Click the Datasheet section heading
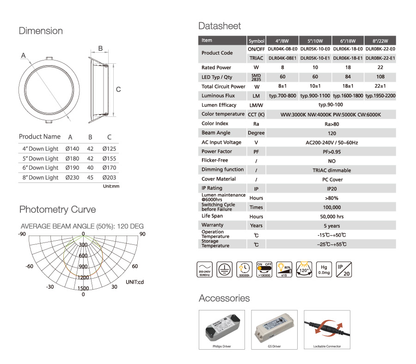coord(220,26)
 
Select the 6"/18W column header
coord(348,41)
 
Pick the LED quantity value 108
coord(380,77)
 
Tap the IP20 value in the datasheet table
coord(331,188)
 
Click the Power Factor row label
coord(217,152)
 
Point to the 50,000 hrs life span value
coord(331,217)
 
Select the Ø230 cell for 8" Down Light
coord(73,177)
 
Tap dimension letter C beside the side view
coord(118,89)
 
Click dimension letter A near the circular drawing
coord(23,55)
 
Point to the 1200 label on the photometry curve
coord(83,278)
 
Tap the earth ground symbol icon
coord(224,269)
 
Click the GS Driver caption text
coord(275,346)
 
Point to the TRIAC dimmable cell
coord(331,170)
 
